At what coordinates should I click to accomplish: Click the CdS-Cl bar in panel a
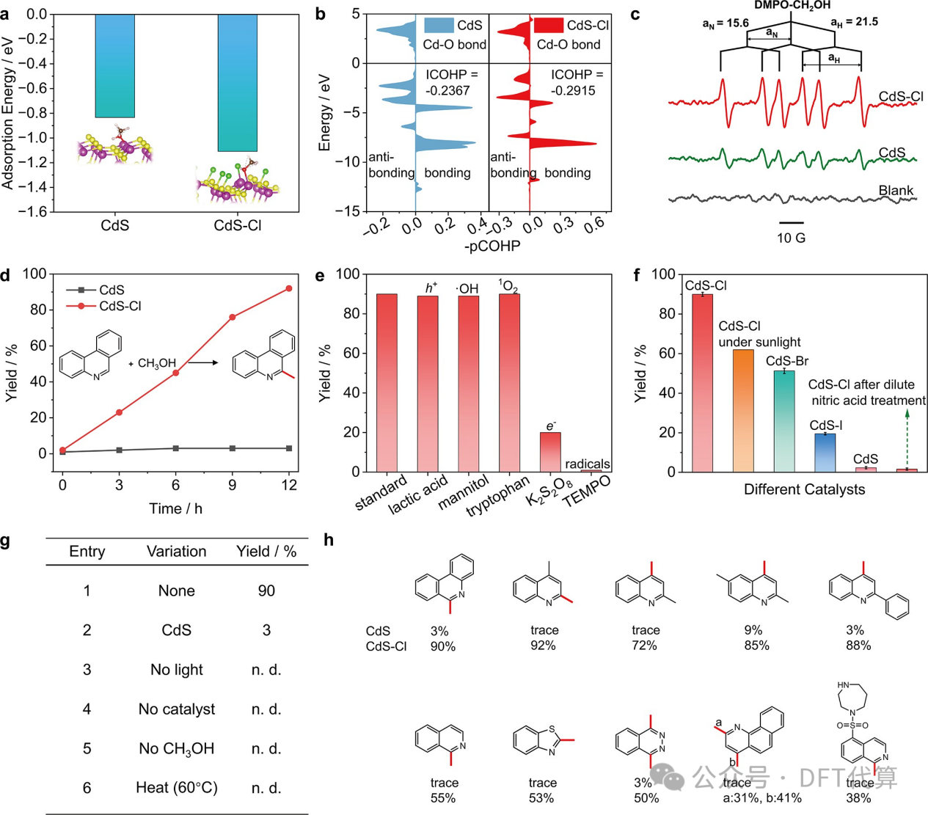pyautogui.click(x=237, y=82)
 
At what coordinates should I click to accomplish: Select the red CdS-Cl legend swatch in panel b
pyautogui.click(x=548, y=26)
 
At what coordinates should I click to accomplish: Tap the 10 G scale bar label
pyautogui.click(x=791, y=238)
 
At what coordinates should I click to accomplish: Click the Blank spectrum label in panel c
pyautogui.click(x=896, y=191)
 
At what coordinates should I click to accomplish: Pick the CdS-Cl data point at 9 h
pyautogui.click(x=233, y=317)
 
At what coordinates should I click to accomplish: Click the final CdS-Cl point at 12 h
pyautogui.click(x=289, y=288)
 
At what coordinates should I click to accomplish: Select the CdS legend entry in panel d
pyautogui.click(x=112, y=290)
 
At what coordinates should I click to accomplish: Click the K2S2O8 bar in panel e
pyautogui.click(x=550, y=452)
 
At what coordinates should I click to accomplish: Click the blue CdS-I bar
pyautogui.click(x=825, y=453)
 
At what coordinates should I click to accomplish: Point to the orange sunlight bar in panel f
pyautogui.click(x=743, y=411)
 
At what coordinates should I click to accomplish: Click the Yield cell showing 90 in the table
pyautogui.click(x=266, y=591)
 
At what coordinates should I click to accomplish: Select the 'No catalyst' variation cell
pyautogui.click(x=177, y=709)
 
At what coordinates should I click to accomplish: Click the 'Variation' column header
pyautogui.click(x=176, y=552)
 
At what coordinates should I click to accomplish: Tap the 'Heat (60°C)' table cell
pyautogui.click(x=177, y=788)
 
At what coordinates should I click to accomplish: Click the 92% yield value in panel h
pyautogui.click(x=543, y=646)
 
